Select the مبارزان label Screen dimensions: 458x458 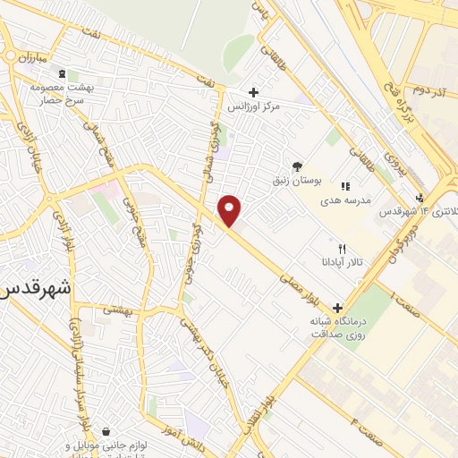pos(27,56)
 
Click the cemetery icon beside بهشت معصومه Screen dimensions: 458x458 pos(61,73)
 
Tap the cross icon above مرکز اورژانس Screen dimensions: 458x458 pos(254,92)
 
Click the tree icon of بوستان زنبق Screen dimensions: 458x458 pos(296,166)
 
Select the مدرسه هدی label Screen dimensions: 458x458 pos(353,202)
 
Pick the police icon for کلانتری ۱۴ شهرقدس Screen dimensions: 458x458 pos(420,198)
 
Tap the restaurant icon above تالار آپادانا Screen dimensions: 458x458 pos(342,248)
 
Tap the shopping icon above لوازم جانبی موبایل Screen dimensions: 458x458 pos(107,431)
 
